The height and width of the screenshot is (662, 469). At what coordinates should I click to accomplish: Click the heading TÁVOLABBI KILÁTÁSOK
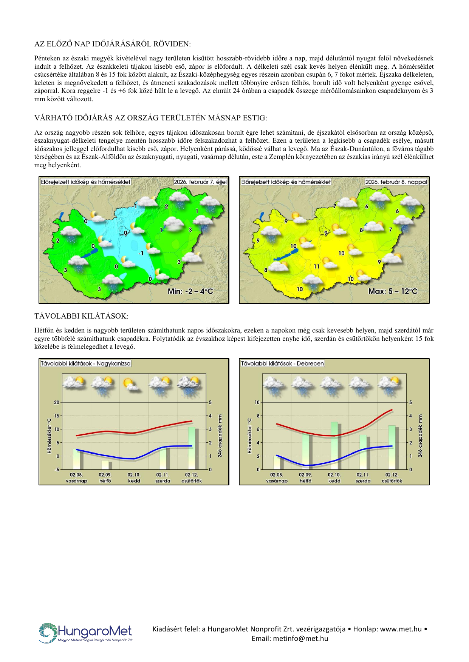(x=81, y=316)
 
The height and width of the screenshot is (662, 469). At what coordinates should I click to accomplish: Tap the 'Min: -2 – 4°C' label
(x=190, y=291)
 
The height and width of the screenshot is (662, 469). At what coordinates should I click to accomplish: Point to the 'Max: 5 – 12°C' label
(x=393, y=291)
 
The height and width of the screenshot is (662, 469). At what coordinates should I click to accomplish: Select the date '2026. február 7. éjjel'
(x=200, y=182)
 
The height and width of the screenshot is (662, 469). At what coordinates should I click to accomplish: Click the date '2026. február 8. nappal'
(x=396, y=182)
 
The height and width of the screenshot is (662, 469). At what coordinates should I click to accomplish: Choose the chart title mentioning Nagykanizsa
(x=85, y=363)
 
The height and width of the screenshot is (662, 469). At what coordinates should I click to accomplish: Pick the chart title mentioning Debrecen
(x=282, y=363)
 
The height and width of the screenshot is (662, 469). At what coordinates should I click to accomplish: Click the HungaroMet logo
(x=86, y=633)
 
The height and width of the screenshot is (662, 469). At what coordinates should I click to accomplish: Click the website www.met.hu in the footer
(x=401, y=629)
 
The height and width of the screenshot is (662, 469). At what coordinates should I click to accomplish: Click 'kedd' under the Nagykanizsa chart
(x=134, y=481)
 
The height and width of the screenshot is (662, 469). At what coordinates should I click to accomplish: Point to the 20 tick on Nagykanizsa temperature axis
(x=57, y=402)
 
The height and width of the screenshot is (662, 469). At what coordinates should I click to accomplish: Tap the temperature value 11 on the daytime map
(x=317, y=266)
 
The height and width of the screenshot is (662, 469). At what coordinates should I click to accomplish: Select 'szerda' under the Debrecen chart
(x=363, y=481)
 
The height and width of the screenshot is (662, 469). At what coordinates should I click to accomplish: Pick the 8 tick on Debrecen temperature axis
(x=258, y=416)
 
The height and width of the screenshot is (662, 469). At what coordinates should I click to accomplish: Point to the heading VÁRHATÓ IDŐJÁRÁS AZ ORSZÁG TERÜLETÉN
(x=150, y=118)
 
